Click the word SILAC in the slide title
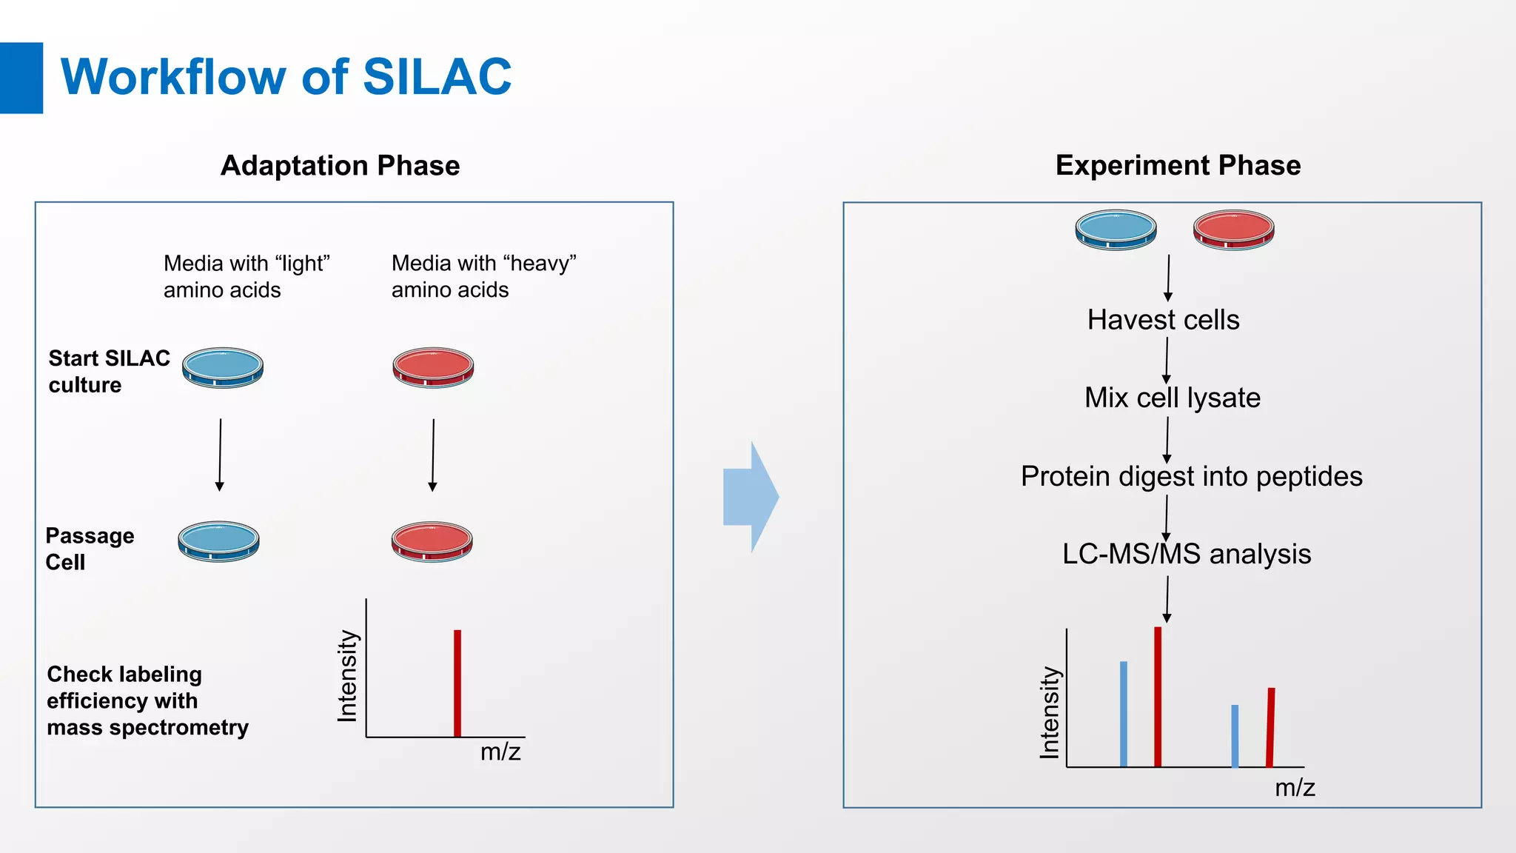tap(437, 77)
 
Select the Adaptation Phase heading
tap(340, 165)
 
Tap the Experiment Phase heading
tap(1177, 165)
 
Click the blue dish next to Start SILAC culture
tap(223, 367)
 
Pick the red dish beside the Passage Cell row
tap(432, 541)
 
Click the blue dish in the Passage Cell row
tap(218, 541)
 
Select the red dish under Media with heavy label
tap(433, 367)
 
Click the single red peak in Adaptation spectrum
tap(457, 683)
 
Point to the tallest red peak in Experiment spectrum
tap(1158, 696)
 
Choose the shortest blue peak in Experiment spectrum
tap(1235, 735)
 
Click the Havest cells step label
tap(1163, 320)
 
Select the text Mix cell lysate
tap(1172, 398)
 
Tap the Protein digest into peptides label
tap(1191, 476)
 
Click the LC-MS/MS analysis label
tap(1186, 554)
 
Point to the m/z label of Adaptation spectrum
tap(500, 752)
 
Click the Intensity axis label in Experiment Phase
tap(1050, 712)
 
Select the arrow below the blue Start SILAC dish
tap(220, 454)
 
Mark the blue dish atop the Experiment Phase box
tap(1116, 230)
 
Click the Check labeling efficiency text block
tap(147, 700)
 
